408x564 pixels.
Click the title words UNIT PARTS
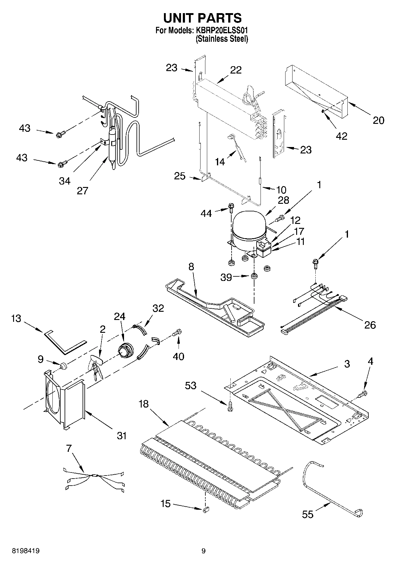(x=202, y=18)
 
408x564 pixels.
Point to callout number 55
(x=308, y=514)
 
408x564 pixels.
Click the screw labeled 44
(x=231, y=208)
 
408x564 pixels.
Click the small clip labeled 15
(x=205, y=509)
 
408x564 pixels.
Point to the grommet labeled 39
(x=254, y=276)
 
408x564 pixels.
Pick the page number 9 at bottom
(x=203, y=551)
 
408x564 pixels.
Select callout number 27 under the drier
(x=82, y=190)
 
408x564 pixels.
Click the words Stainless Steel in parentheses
(x=222, y=39)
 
